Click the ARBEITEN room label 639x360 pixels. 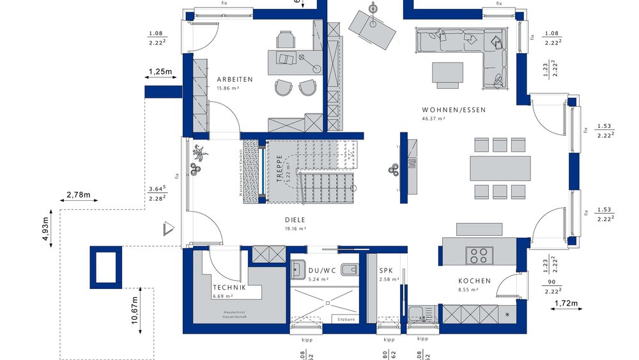pos(235,79)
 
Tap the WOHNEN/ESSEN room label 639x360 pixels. pos(454,109)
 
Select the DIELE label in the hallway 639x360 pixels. pos(295,219)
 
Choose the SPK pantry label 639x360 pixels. pos(386,270)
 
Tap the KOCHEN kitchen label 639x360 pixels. pos(474,281)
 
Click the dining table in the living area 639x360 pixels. pos(500,168)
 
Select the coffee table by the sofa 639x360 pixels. pos(447,72)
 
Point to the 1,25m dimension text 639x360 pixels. pos(160,72)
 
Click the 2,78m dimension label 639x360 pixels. pos(79,194)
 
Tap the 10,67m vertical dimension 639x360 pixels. pos(135,310)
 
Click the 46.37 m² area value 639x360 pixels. pos(433,119)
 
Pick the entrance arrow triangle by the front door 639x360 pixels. pos(169,228)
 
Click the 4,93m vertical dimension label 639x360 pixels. pos(45,230)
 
